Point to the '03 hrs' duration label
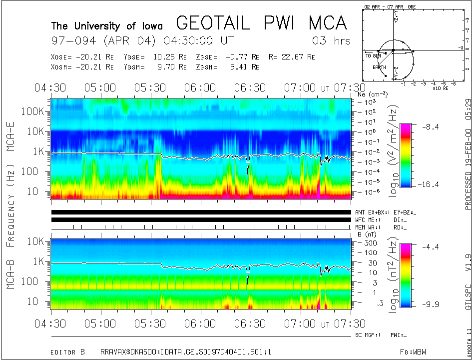[x=331, y=40]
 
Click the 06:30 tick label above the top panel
[x=250, y=88]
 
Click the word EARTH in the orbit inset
[x=379, y=66]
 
